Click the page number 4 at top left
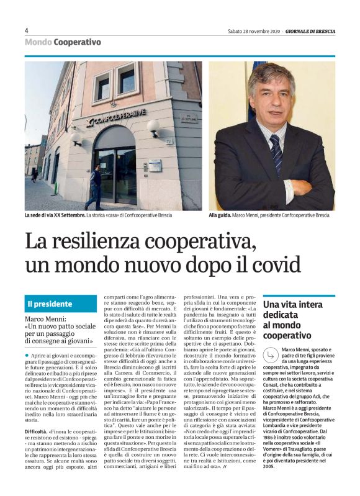pos(27,30)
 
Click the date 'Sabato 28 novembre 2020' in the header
pos(254,31)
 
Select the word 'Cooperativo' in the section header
pos(77,42)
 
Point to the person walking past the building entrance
pos(94,186)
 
